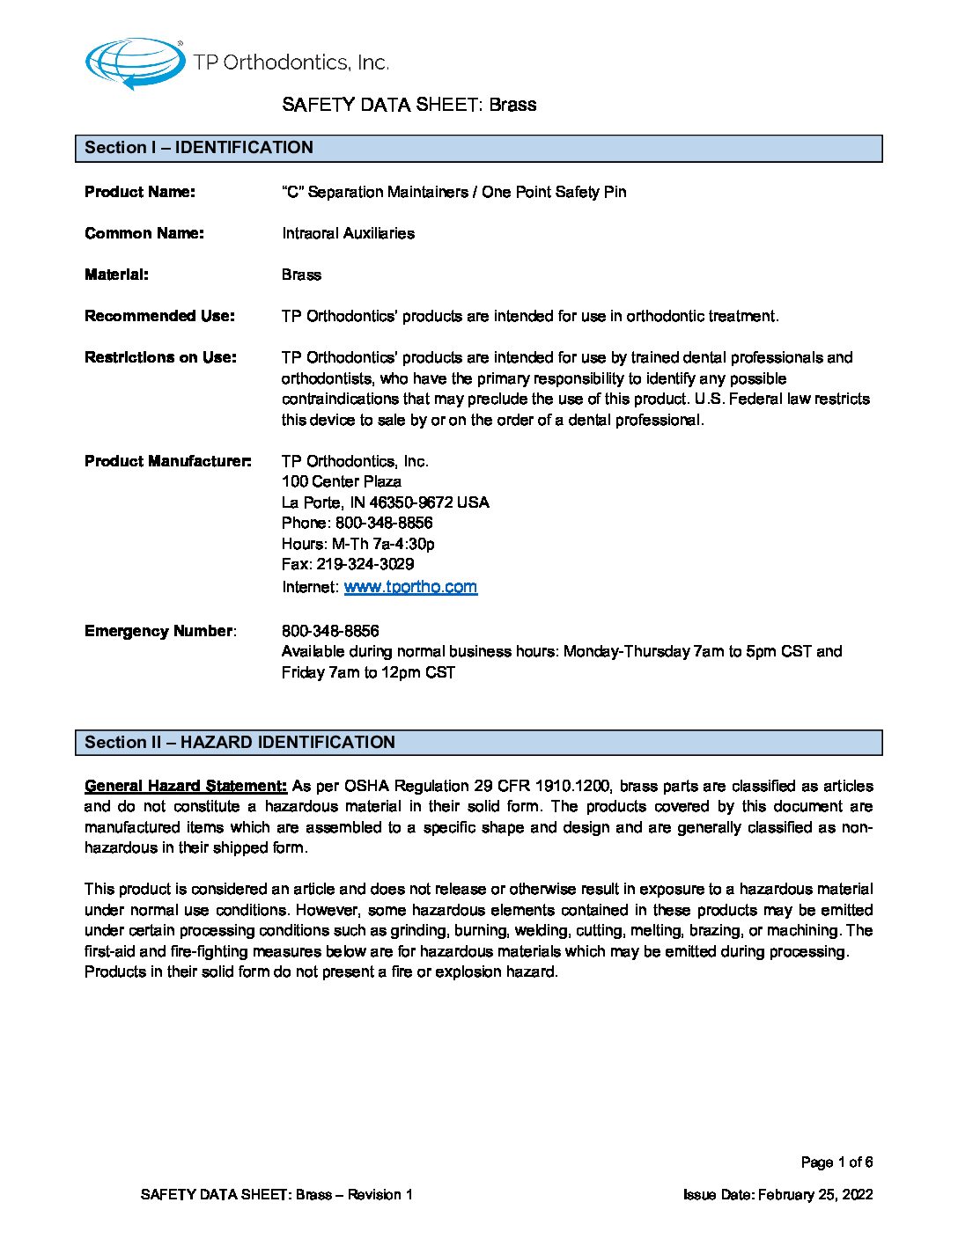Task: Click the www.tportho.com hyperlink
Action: (410, 587)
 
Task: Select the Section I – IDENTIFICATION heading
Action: (199, 148)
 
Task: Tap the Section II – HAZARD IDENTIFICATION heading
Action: (239, 743)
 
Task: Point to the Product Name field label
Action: (140, 192)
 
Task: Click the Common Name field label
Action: (144, 233)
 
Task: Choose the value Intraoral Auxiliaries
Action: (348, 233)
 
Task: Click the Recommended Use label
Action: (159, 316)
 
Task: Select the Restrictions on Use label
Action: (160, 357)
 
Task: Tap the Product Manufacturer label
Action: (168, 461)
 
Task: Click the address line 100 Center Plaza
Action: (342, 481)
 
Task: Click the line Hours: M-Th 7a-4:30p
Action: (357, 544)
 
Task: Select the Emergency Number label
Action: (159, 631)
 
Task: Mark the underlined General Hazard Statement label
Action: (186, 786)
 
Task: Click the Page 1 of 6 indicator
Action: (836, 1162)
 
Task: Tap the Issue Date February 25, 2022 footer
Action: (777, 1195)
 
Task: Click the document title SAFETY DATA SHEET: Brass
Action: (409, 105)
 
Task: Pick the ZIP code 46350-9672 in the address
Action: (411, 502)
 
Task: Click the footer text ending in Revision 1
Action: (276, 1195)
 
